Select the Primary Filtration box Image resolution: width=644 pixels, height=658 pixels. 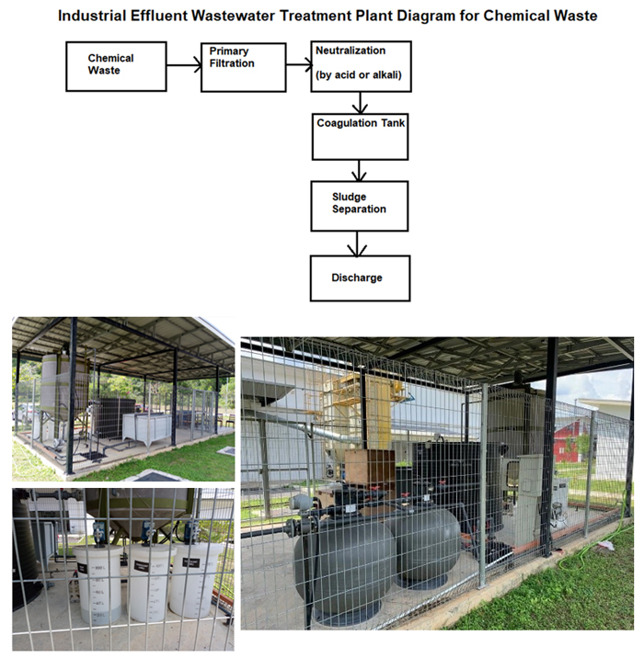[243, 66]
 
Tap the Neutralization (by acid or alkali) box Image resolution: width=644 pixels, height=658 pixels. [360, 66]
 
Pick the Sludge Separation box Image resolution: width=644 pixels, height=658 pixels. [359, 204]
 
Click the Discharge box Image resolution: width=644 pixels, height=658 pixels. [359, 278]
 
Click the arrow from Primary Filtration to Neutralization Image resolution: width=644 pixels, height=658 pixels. [298, 66]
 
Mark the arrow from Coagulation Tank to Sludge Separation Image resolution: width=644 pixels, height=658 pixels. [359, 169]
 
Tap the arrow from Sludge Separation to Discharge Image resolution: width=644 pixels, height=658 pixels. [359, 242]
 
